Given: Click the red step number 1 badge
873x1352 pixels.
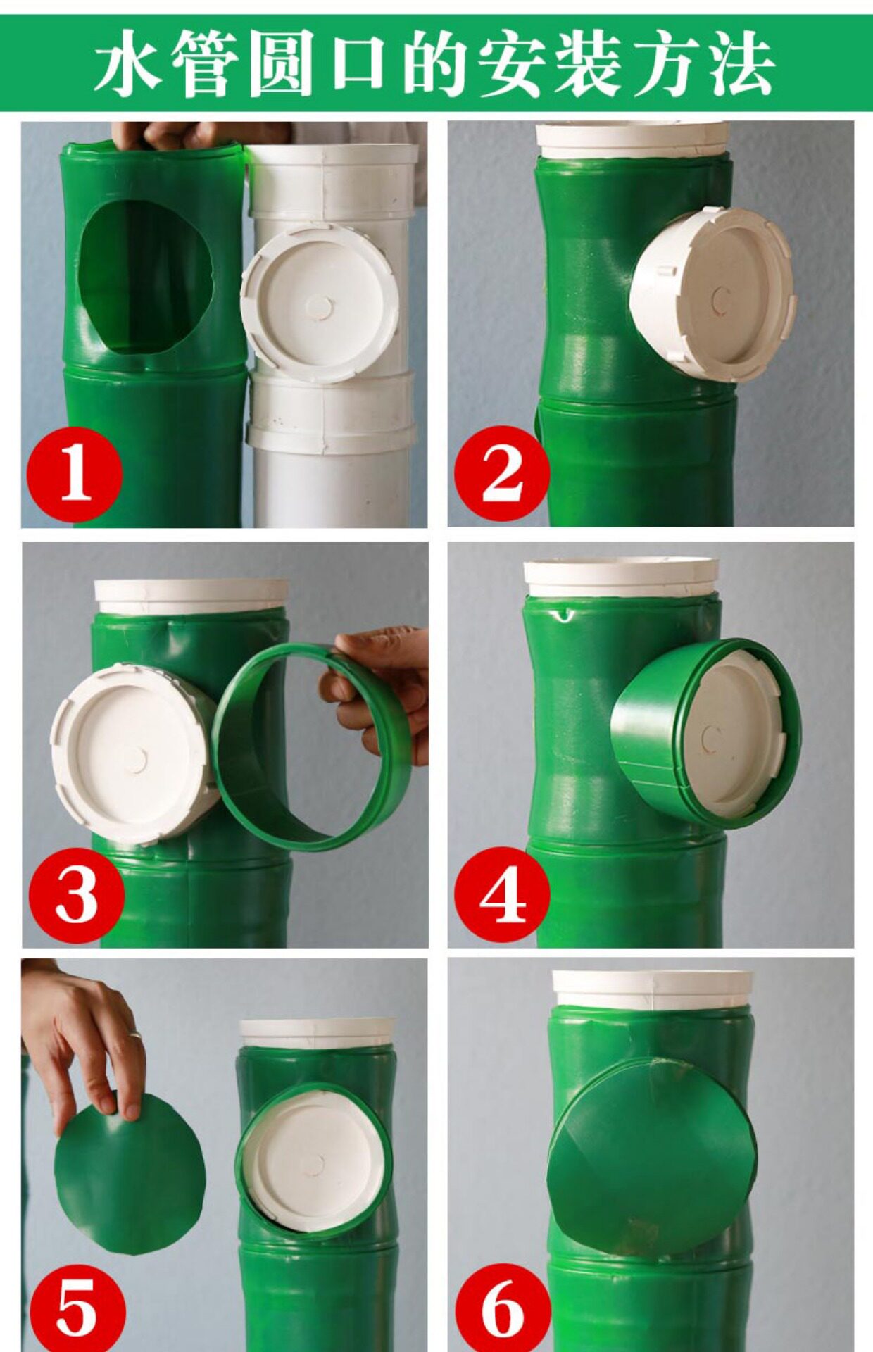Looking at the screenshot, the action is coord(75,475).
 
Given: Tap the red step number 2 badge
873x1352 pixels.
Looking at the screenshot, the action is coord(501,473).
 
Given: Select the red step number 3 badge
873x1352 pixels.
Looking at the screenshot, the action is coord(77,894).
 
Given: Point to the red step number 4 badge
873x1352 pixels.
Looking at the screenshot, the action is coord(501,894).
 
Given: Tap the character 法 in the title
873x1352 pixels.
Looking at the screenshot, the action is coord(741,64).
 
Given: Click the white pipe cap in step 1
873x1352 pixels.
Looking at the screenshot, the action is coord(320,303).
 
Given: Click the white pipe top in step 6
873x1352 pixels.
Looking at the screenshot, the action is coord(652,989).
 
